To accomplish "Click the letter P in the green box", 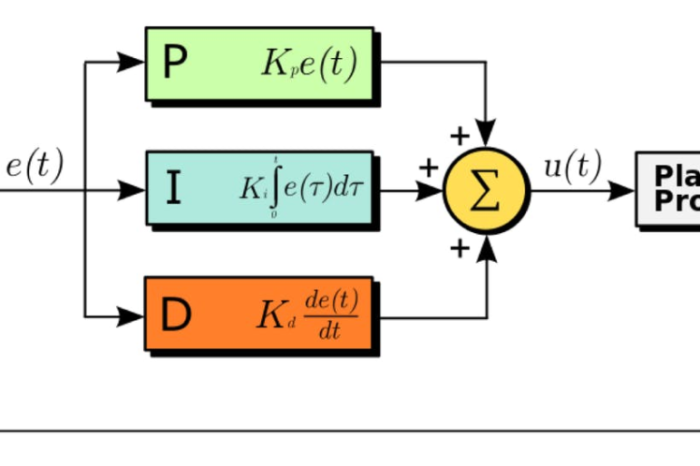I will pyautogui.click(x=175, y=63).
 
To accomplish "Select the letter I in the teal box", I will pyautogui.click(x=174, y=188).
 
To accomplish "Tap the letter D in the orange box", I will pyautogui.click(x=176, y=315).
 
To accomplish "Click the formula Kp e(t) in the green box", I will pyautogui.click(x=308, y=64).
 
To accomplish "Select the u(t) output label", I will pyautogui.click(x=572, y=167).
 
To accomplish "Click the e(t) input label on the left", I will pyautogui.click(x=35, y=166).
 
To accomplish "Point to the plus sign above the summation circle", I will pyautogui.click(x=459, y=137).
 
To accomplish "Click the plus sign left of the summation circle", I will pyautogui.click(x=429, y=168).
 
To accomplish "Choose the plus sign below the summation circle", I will pyautogui.click(x=459, y=248).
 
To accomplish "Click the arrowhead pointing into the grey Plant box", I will pyautogui.click(x=621, y=191).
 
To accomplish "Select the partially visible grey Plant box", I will pyautogui.click(x=668, y=189).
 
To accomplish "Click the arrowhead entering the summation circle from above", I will pyautogui.click(x=486, y=137).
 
